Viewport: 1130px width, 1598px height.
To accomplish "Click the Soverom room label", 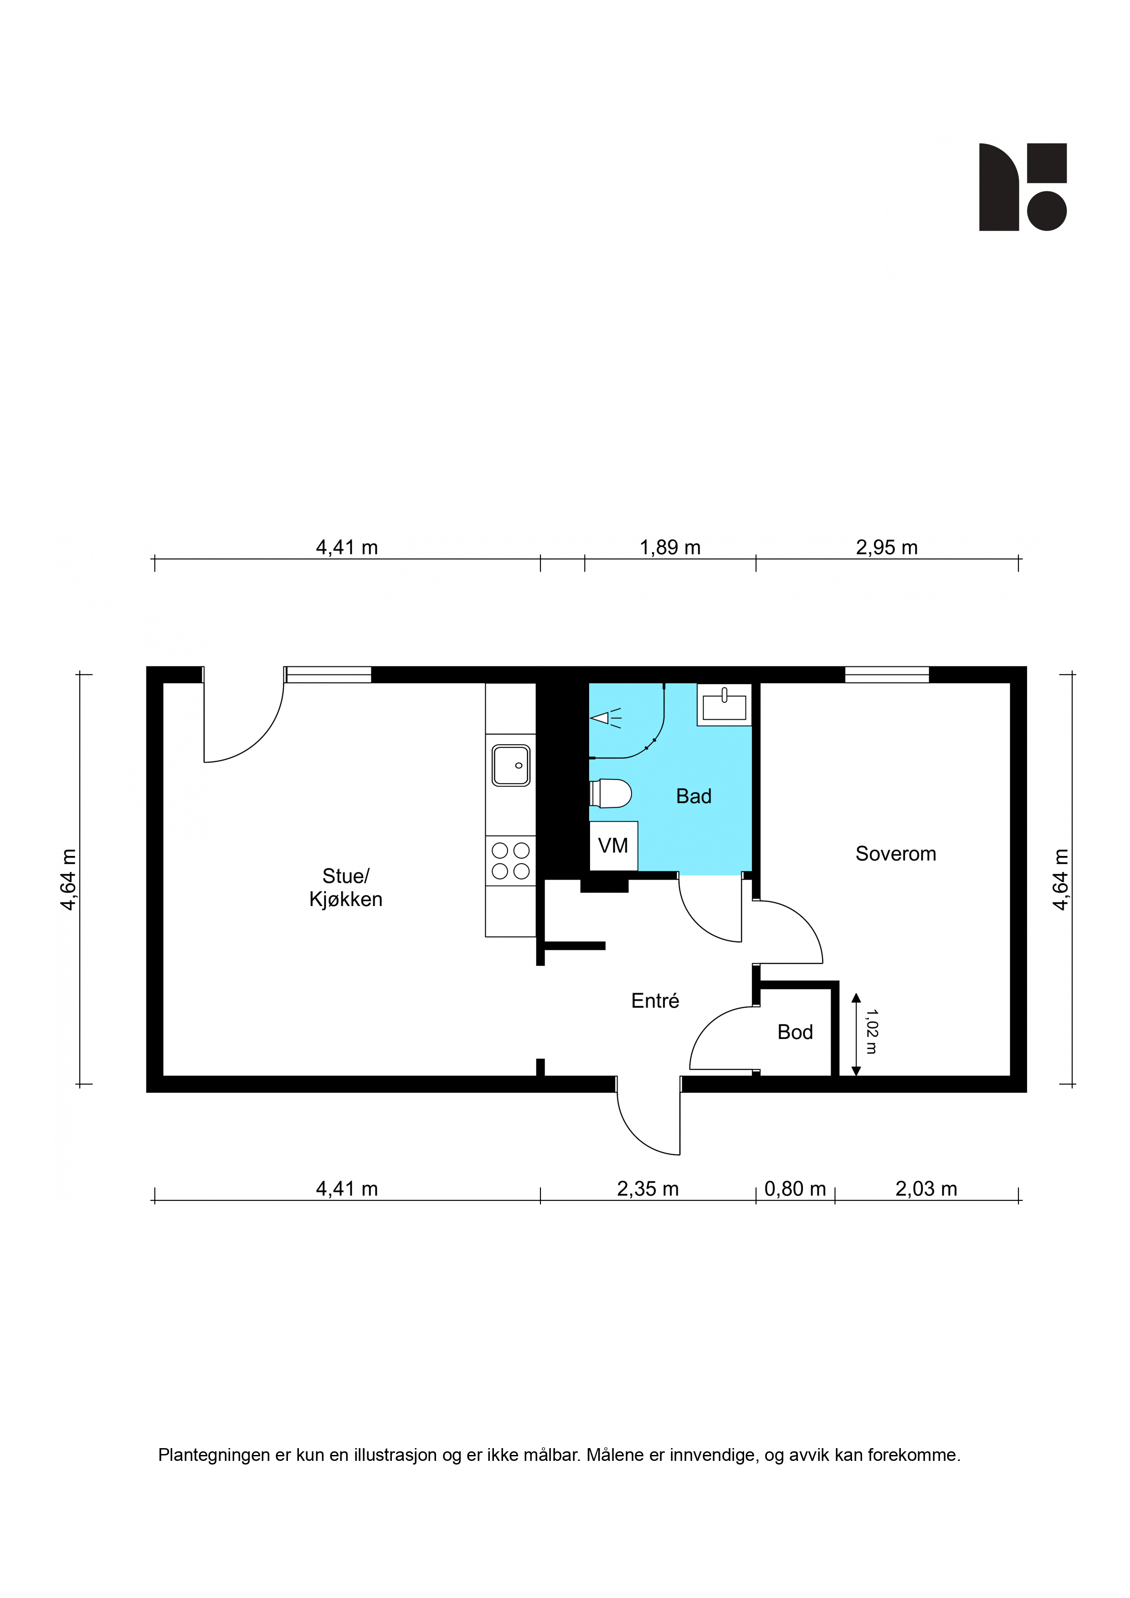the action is pyautogui.click(x=895, y=854).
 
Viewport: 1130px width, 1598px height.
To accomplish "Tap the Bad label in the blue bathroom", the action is pyautogui.click(x=693, y=796).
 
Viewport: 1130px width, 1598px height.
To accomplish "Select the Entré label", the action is pyautogui.click(x=654, y=1000).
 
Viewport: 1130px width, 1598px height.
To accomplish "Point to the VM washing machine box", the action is pyautogui.click(x=613, y=845).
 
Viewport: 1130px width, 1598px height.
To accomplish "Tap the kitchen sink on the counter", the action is pyautogui.click(x=511, y=765).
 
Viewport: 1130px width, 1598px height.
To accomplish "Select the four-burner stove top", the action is pyautogui.click(x=510, y=860).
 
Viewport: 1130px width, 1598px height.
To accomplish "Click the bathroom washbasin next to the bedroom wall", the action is pyautogui.click(x=724, y=705).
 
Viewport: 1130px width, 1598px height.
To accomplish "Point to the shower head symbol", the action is pyautogui.click(x=604, y=717).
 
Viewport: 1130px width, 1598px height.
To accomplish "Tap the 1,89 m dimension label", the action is pyautogui.click(x=670, y=548).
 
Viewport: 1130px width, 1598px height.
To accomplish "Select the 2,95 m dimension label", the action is pyautogui.click(x=886, y=548).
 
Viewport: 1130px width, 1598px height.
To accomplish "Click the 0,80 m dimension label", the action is pyautogui.click(x=795, y=1189).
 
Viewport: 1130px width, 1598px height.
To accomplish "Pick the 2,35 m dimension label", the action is pyautogui.click(x=647, y=1189).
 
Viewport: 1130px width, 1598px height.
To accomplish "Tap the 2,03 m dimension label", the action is pyautogui.click(x=926, y=1189).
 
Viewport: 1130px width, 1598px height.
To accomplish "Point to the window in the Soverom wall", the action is pyautogui.click(x=887, y=675).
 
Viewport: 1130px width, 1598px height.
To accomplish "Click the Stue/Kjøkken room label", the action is pyautogui.click(x=345, y=887).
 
